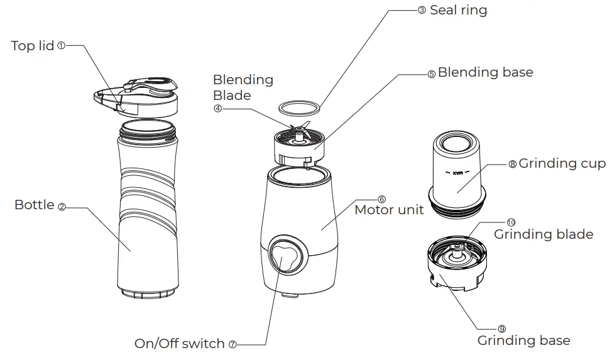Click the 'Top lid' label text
(33, 46)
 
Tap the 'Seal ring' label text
(458, 10)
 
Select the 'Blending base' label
(485, 72)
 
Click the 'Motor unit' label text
(389, 210)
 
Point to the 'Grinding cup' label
(562, 164)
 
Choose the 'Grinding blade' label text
(544, 234)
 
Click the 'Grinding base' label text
(524, 341)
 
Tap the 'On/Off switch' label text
(180, 344)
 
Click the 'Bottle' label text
(35, 205)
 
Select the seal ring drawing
(298, 107)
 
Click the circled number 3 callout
(422, 11)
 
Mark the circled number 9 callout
(501, 329)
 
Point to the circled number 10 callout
(510, 222)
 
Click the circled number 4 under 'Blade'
(217, 107)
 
